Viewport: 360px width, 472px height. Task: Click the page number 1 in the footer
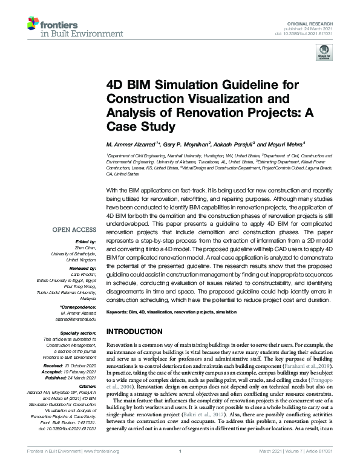point(180,466)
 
